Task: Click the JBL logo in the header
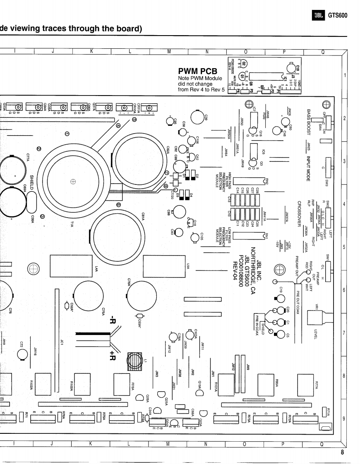click(x=319, y=16)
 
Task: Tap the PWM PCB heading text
click(x=197, y=72)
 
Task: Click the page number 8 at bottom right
click(x=342, y=452)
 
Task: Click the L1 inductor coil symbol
click(x=136, y=361)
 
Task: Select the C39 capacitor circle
click(x=199, y=117)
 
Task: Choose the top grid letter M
click(x=168, y=51)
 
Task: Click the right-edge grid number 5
click(x=344, y=248)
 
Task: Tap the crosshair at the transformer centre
click(x=73, y=181)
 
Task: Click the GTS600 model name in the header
click(x=338, y=16)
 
